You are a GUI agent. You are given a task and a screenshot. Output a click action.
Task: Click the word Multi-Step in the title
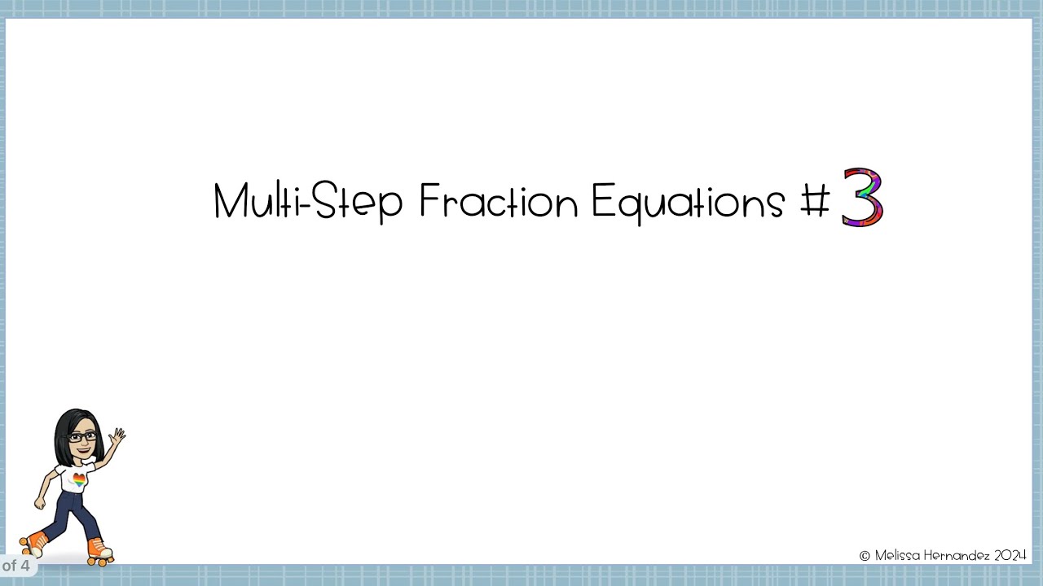pyautogui.click(x=307, y=201)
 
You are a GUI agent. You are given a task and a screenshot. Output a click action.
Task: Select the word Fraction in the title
pyautogui.click(x=498, y=201)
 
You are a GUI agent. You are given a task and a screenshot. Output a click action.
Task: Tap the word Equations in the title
pyautogui.click(x=688, y=201)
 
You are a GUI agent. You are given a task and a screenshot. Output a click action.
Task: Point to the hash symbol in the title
pyautogui.click(x=815, y=201)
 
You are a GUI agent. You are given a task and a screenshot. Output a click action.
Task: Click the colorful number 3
pyautogui.click(x=862, y=197)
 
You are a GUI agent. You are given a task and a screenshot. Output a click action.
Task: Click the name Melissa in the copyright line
pyautogui.click(x=899, y=555)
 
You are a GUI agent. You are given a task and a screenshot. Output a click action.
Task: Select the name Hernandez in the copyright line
pyautogui.click(x=958, y=555)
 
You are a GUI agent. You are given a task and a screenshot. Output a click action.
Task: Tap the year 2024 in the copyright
pyautogui.click(x=1010, y=555)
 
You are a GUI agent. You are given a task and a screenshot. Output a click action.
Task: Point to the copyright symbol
pyautogui.click(x=865, y=556)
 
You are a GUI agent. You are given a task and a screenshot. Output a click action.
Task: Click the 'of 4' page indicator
pyautogui.click(x=15, y=565)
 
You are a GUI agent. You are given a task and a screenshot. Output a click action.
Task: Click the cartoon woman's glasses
pyautogui.click(x=81, y=437)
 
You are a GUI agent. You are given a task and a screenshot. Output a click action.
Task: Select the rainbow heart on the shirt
pyautogui.click(x=79, y=479)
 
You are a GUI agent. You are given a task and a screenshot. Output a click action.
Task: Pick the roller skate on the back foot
pyautogui.click(x=33, y=543)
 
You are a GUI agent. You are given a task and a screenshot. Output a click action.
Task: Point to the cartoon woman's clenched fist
pyautogui.click(x=39, y=504)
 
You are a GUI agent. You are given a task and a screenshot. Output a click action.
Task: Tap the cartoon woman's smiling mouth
pyautogui.click(x=85, y=448)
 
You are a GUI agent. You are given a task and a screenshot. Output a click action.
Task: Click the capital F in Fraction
pyautogui.click(x=429, y=201)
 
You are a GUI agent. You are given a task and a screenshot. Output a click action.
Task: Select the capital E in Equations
pyautogui.click(x=601, y=201)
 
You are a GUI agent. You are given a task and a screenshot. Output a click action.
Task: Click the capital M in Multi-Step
pyautogui.click(x=229, y=201)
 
